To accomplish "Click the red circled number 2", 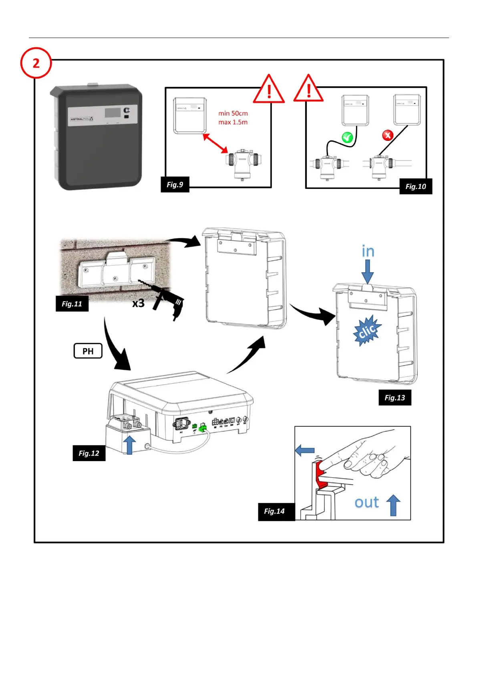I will click(36, 63).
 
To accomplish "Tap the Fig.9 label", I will click(175, 185).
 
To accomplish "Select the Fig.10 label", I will click(416, 187).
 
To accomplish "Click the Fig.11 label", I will click(72, 304).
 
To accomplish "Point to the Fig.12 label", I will click(89, 453).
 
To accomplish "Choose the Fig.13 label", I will click(395, 398).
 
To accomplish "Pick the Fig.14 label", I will click(274, 511).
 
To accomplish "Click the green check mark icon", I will click(347, 138).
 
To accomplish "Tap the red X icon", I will click(387, 135).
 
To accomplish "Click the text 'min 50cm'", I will click(233, 114).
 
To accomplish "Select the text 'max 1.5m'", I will click(233, 122).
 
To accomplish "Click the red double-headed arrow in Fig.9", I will click(215, 143).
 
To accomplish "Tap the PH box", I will click(88, 351).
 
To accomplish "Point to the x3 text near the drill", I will click(138, 303).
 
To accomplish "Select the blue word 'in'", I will click(368, 251).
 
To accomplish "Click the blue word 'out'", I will click(366, 502).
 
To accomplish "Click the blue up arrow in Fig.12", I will click(129, 445).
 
